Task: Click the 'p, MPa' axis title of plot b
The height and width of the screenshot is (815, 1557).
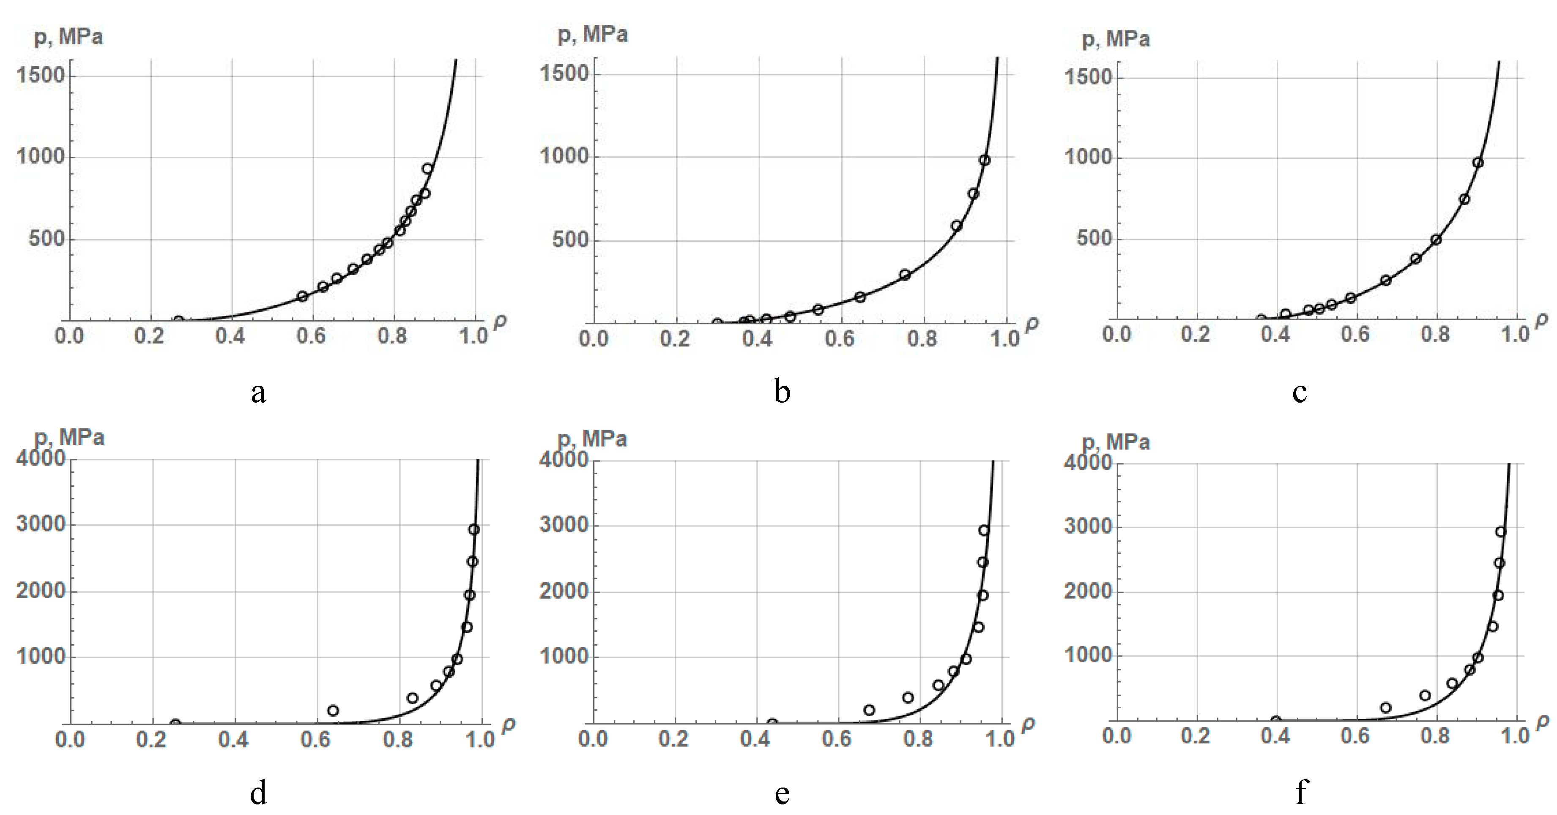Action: click(592, 35)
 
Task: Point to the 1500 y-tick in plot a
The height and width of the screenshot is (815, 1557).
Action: click(40, 76)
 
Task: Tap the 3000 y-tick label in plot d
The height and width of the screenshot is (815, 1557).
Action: click(40, 524)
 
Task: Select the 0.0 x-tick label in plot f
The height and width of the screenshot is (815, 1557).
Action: click(1116, 736)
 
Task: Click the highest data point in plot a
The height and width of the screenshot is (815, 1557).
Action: click(427, 169)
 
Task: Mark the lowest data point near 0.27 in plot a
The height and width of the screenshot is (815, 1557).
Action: click(178, 320)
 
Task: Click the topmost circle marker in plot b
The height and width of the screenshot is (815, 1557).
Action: click(985, 160)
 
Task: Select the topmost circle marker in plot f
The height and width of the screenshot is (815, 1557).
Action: click(1500, 532)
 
